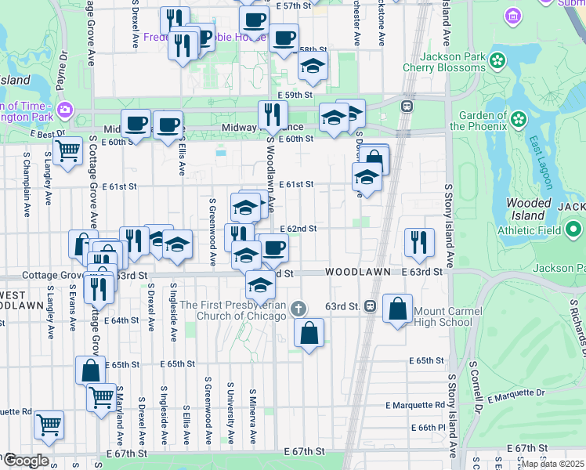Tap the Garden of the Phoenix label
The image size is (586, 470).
pos(483,121)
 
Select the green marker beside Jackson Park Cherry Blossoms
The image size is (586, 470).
pos(497,60)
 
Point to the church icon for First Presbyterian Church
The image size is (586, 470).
pos(298,308)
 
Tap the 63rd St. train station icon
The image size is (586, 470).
pos(370,305)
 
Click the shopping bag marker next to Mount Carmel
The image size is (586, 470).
pos(398,308)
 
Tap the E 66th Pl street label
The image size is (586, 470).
pos(430,428)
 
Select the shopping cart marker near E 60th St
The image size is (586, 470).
pos(67,150)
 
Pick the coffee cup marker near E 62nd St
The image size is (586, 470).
pos(273,248)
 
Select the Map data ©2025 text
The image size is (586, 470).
pos(553,464)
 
